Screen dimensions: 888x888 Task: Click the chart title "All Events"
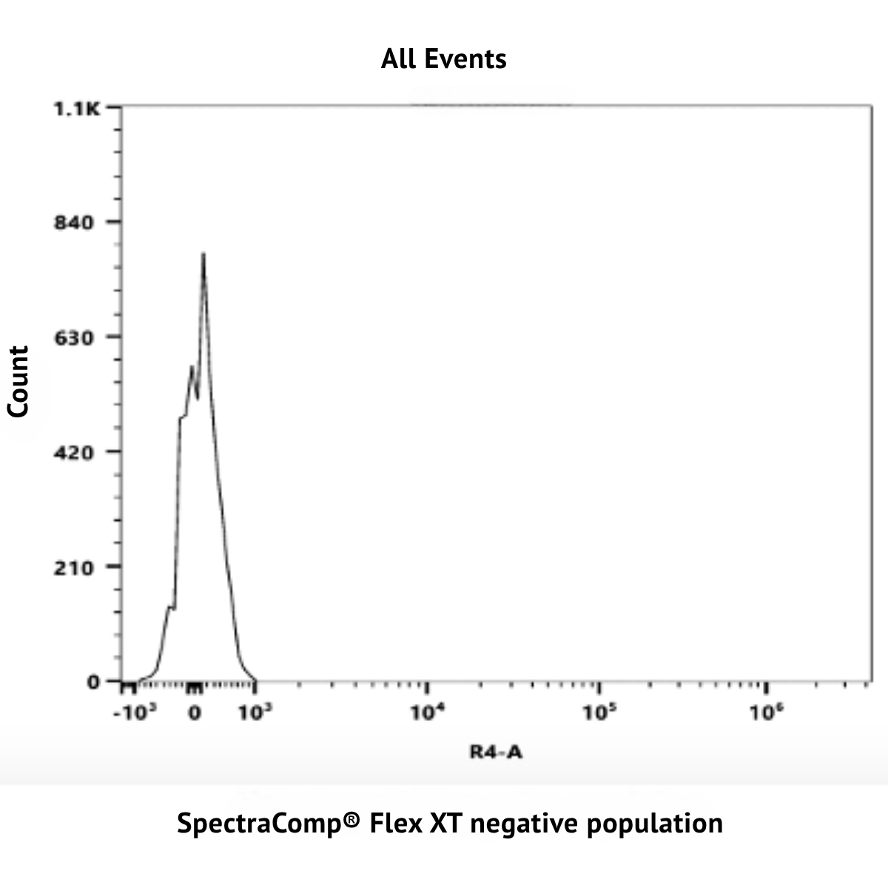(x=443, y=59)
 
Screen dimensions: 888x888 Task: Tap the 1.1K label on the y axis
(x=75, y=109)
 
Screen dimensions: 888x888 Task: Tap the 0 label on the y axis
(x=93, y=682)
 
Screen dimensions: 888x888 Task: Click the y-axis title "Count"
(x=18, y=382)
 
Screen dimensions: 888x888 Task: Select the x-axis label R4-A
(x=496, y=753)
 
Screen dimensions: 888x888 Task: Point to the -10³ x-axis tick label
(x=135, y=713)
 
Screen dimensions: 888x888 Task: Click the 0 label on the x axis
(x=194, y=713)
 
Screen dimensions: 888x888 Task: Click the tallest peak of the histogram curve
(x=203, y=255)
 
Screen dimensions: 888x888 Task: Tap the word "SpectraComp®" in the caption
(x=269, y=824)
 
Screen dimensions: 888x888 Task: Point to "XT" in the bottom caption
(x=446, y=824)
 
